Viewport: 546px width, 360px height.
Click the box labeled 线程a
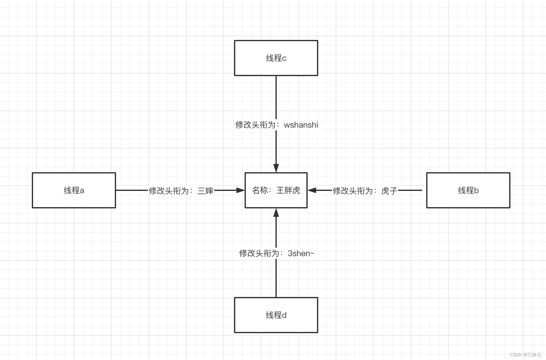coord(74,190)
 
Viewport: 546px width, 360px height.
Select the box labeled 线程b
coord(468,190)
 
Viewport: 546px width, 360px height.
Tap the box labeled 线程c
coord(276,58)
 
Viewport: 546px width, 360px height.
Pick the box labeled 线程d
coord(276,315)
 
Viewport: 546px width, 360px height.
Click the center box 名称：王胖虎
coord(276,190)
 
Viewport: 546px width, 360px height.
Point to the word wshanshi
coord(301,125)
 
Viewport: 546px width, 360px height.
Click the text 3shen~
coord(301,253)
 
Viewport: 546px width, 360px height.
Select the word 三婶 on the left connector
coord(205,191)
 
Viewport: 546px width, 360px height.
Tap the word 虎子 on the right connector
coord(389,191)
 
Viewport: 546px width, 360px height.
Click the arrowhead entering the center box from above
coord(276,168)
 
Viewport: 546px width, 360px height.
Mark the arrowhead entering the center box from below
coord(276,213)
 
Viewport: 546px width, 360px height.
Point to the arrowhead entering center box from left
coord(241,190)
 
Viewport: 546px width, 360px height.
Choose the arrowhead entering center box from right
coord(312,190)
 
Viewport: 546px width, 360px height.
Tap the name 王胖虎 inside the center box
coord(288,190)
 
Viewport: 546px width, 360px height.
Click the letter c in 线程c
coord(284,58)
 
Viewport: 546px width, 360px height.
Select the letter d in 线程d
coord(284,315)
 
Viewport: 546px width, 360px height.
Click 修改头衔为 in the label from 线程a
coord(168,191)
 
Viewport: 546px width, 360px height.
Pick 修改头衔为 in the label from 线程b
coord(353,191)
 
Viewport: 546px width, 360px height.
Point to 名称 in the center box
coord(260,190)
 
